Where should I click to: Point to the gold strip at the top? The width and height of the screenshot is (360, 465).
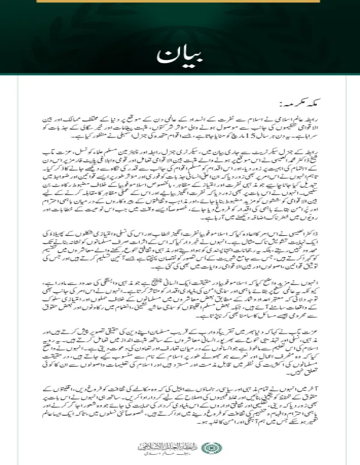click(179, 2)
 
